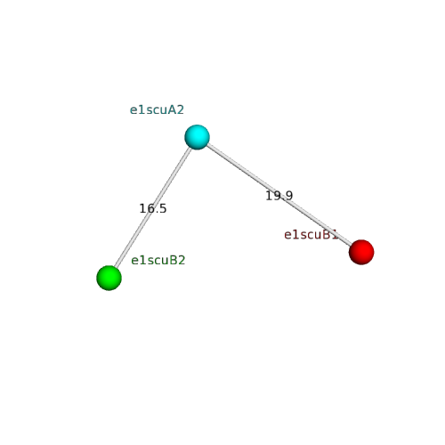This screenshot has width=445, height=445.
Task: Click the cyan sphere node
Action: tap(197, 137)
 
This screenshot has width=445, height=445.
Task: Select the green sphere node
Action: tap(109, 278)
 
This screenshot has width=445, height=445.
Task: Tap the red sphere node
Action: tap(361, 252)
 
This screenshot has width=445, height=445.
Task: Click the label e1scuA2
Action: tap(157, 110)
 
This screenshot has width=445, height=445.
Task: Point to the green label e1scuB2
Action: tap(158, 261)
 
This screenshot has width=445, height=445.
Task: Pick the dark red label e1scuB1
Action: tap(311, 235)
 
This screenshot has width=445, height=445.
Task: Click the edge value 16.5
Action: tap(153, 208)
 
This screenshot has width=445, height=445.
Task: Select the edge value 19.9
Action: tap(279, 196)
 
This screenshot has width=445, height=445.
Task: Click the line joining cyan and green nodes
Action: tap(153, 207)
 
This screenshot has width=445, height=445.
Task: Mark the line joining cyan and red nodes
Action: tap(279, 195)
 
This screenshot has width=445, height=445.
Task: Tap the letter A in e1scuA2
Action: tap(173, 110)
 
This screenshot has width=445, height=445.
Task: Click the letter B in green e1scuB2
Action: tap(174, 261)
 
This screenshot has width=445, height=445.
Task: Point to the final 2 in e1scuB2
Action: tap(182, 261)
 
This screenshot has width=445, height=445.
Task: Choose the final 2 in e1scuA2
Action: tap(181, 110)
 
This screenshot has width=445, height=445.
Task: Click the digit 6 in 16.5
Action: tap(150, 208)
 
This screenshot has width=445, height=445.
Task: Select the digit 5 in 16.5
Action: tap(163, 209)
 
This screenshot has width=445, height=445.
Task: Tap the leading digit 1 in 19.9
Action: tap(269, 196)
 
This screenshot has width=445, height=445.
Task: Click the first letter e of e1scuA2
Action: tap(133, 111)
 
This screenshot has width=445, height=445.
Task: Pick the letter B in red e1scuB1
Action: tap(327, 235)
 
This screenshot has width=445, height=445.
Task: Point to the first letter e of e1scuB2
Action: tap(134, 262)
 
